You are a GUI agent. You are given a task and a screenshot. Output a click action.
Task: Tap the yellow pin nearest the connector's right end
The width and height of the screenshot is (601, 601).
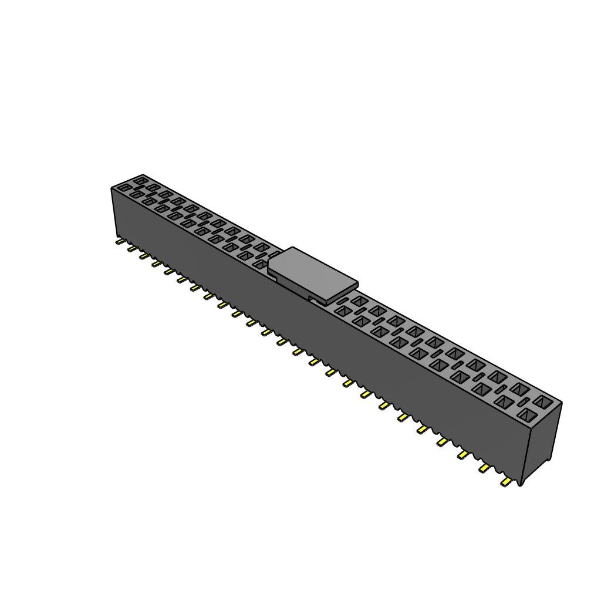click(x=505, y=482)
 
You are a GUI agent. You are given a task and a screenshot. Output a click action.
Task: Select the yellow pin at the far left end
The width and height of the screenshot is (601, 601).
click(x=119, y=241)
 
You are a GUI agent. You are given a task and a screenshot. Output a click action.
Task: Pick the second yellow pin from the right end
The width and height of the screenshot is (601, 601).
click(x=484, y=468)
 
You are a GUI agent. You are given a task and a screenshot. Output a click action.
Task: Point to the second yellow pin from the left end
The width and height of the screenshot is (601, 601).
click(x=131, y=248)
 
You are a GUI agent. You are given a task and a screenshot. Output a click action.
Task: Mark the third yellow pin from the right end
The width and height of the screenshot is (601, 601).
click(x=463, y=454)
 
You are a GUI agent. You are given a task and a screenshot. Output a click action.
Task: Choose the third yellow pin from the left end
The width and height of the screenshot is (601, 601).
click(x=144, y=255)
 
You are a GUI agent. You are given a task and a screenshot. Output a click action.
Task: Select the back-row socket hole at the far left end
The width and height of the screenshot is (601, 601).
click(x=141, y=180)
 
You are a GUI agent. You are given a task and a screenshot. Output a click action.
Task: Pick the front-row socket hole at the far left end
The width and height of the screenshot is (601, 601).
click(x=124, y=188)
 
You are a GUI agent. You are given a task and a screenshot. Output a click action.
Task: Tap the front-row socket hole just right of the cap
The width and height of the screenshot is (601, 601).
click(x=342, y=310)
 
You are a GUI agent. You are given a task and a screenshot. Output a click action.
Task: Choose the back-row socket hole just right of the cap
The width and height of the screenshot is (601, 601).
click(x=359, y=302)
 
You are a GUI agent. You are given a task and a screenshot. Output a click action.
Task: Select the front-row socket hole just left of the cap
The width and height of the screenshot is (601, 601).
click(x=260, y=264)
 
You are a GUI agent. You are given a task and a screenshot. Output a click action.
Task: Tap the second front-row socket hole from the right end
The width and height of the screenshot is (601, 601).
click(x=504, y=402)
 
